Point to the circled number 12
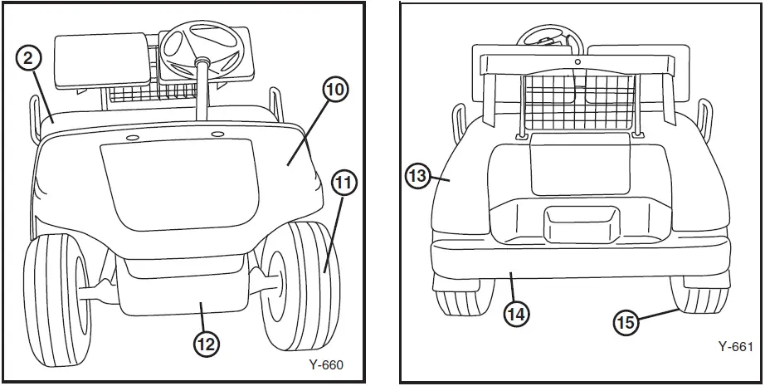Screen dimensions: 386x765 click(207, 344)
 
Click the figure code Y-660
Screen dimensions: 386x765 click(325, 364)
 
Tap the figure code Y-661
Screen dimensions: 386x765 click(735, 346)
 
